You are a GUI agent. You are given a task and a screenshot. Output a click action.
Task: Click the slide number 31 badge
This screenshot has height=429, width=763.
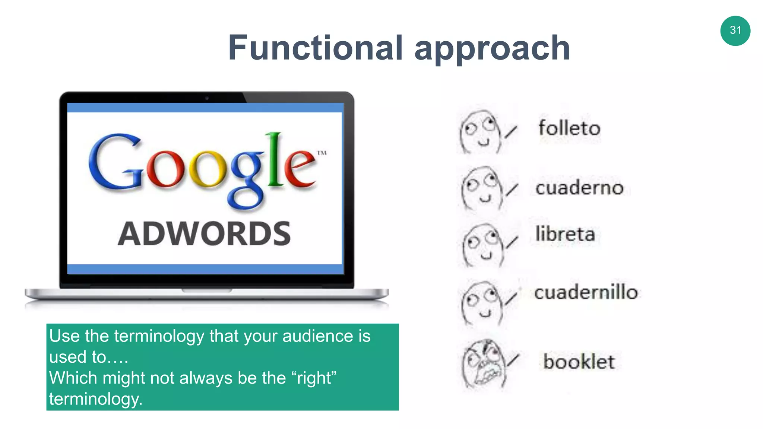point(735,31)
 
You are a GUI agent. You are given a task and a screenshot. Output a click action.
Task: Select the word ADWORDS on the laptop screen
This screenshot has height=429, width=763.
point(204,233)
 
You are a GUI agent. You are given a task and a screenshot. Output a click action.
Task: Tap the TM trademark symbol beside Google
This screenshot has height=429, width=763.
point(322,153)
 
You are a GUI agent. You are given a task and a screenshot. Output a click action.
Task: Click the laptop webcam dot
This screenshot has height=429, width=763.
point(207,98)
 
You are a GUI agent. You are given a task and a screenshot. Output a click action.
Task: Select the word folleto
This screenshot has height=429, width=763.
point(569,128)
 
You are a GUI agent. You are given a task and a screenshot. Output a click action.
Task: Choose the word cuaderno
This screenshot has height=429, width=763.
point(579,187)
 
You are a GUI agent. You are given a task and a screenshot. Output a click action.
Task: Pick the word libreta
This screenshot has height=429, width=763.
point(565,234)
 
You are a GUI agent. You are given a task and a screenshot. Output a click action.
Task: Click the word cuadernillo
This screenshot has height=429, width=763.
point(586,292)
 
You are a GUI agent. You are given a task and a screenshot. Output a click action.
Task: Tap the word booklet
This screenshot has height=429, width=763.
point(579,362)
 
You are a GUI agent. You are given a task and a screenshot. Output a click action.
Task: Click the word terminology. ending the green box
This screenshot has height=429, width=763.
point(96,399)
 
